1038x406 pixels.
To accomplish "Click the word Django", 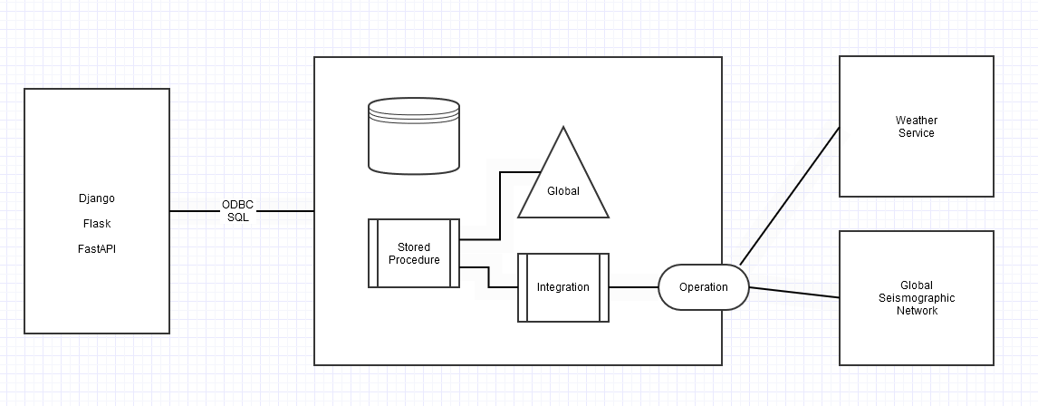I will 96,198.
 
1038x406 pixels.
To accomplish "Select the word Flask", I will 96,223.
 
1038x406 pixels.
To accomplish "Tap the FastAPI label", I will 96,248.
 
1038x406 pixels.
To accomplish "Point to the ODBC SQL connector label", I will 238,211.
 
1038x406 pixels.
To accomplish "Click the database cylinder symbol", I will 414,135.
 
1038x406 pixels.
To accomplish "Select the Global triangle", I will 562,186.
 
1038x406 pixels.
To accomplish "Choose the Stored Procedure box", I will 414,253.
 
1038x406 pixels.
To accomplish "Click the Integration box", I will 562,287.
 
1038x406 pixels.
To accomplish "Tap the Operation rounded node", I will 703,287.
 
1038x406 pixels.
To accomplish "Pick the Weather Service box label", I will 916,127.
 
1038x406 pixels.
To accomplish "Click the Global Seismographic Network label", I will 916,298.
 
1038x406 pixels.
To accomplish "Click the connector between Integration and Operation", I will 633,287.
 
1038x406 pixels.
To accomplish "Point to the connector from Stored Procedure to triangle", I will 499,205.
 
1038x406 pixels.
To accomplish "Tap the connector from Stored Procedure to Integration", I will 489,276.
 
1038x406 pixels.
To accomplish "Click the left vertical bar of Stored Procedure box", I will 372,253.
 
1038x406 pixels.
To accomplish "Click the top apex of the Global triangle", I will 562,128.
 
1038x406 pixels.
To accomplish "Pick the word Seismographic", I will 916,298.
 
